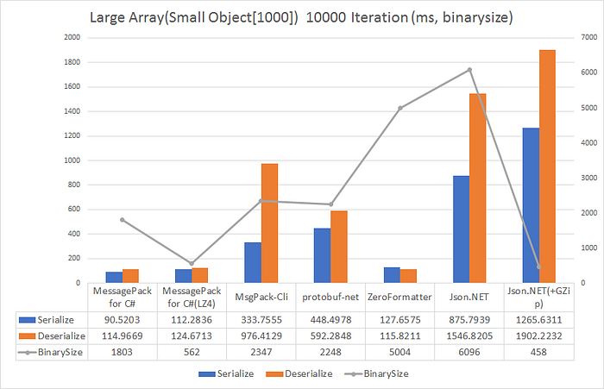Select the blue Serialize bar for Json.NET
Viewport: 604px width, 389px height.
[x=461, y=229]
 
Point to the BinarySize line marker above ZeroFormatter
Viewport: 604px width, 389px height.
[x=400, y=108]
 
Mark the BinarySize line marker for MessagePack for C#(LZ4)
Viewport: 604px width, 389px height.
[x=192, y=263]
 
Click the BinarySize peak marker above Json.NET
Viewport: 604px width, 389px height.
[x=469, y=70]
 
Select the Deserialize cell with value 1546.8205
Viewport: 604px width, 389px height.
[x=469, y=336]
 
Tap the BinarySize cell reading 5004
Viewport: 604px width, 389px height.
[x=400, y=352]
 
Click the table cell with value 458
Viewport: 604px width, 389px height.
[x=538, y=352]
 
